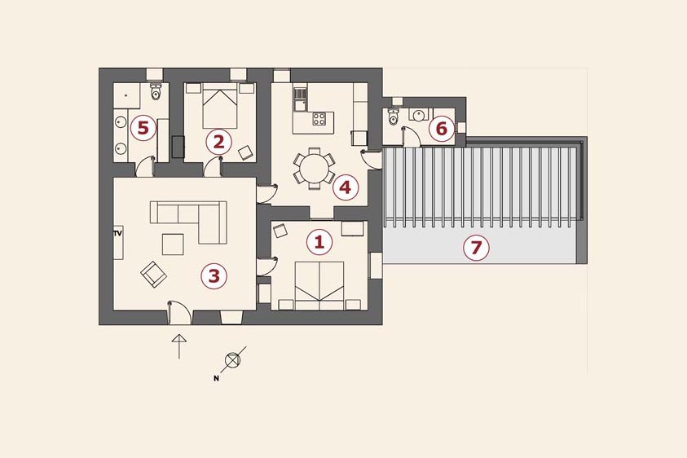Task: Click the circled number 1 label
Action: pos(319,242)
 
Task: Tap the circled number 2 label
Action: pos(218,142)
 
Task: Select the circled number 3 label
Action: pos(214,275)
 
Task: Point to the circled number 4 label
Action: pos(346,187)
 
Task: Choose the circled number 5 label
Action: pos(143,128)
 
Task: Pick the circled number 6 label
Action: pos(442,129)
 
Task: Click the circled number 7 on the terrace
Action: pos(476,248)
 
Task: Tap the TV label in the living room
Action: pos(117,234)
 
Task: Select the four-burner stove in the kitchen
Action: pos(319,119)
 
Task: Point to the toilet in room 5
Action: pos(156,91)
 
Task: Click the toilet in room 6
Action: pos(393,116)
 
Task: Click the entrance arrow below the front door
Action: pos(179,346)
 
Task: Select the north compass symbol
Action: pos(232,360)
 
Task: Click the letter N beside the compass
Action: pos(216,378)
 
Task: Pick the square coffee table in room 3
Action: pos(173,244)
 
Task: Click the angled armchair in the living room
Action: pos(153,275)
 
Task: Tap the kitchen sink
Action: pos(300,99)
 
